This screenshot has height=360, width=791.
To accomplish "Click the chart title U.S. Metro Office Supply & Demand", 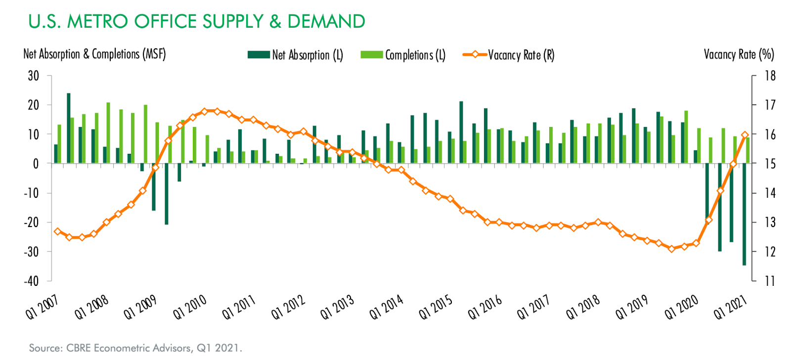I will [x=196, y=22].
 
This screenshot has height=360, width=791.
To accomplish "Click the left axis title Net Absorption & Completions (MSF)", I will [x=94, y=54].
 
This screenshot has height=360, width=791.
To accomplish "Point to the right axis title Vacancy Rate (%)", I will [x=739, y=54].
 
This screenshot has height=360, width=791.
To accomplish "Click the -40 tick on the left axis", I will [x=32, y=281].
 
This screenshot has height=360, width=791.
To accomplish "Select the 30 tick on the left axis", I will [x=34, y=76].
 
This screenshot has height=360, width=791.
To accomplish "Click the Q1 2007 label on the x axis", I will [x=43, y=307].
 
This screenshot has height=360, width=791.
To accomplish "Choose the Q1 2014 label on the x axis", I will [x=387, y=307].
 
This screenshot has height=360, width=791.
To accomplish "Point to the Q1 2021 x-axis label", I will [x=730, y=307].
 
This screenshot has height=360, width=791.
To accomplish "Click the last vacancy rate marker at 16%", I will [x=745, y=135].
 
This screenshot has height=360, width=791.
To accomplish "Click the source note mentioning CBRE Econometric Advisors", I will [x=135, y=348].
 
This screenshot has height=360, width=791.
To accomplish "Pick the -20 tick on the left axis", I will [x=32, y=222].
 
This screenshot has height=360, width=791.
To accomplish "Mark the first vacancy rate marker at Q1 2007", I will [x=57, y=231].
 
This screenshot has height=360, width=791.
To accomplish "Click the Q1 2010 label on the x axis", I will [x=190, y=307].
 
